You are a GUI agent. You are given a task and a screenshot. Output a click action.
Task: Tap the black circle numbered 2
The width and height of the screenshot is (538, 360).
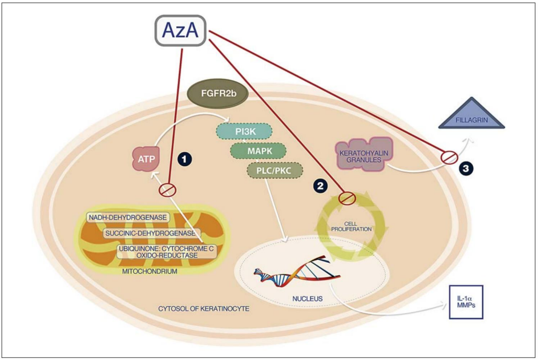tap(320, 185)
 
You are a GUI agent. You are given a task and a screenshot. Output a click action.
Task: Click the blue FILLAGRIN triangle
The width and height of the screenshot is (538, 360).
tap(471, 116)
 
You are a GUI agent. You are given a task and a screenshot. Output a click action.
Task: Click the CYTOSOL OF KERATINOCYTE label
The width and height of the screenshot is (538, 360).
tap(204, 310)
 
